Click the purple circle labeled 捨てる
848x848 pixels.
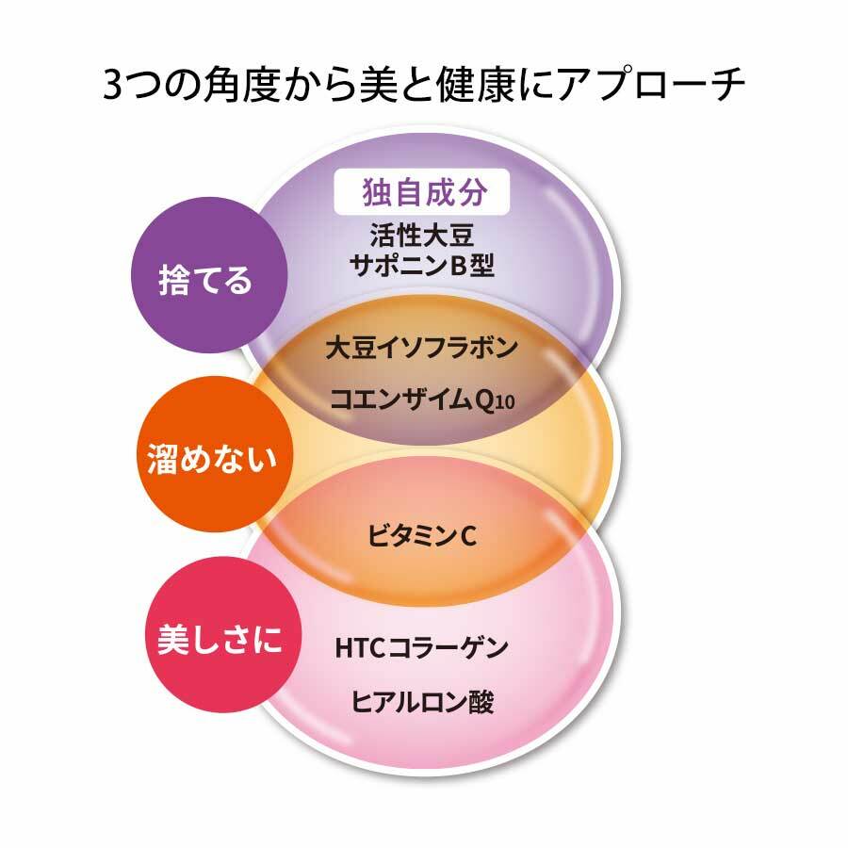click(x=209, y=275)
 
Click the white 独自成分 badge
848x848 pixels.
click(x=422, y=192)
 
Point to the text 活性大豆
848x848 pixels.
click(x=422, y=236)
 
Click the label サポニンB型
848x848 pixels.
click(x=422, y=265)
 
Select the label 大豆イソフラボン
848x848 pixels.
click(x=422, y=348)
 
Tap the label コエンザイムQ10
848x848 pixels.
click(x=422, y=400)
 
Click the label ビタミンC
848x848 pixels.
click(x=422, y=536)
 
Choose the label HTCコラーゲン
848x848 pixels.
click(x=422, y=647)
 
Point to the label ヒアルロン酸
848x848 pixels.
click(x=422, y=702)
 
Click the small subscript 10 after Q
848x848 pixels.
click(x=504, y=403)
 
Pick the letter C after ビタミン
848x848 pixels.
click(x=468, y=536)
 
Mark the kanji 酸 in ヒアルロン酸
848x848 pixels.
click(x=481, y=702)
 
